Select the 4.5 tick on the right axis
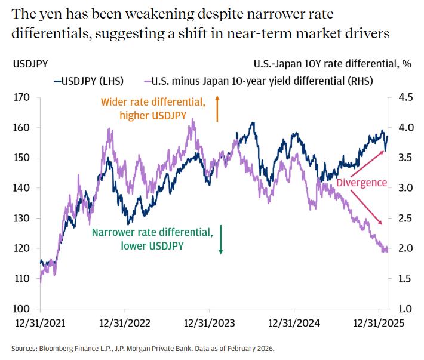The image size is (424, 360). coord(402,97)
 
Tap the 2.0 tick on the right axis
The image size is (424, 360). coord(402,248)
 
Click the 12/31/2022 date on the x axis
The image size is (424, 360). coord(125,324)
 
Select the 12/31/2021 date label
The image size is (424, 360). coord(40,324)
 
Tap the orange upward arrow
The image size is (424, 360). coord(217,109)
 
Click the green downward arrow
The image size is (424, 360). coord(220,239)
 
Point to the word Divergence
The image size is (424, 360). coord(361,183)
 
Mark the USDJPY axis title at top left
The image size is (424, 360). coord(30,61)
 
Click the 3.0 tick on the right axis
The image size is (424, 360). coord(402,187)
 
